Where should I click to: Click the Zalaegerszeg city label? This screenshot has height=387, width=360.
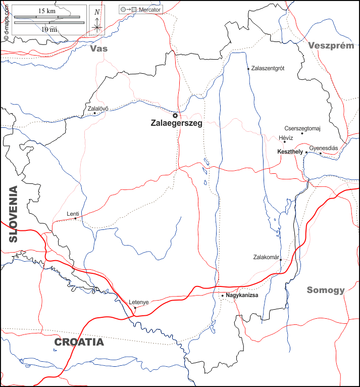click(176, 123)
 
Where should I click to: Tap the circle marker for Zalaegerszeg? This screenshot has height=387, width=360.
click(175, 115)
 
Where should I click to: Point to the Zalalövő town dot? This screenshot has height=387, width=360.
click(94, 113)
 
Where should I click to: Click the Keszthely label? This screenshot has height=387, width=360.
click(290, 152)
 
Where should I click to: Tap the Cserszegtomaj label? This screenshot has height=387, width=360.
click(302, 128)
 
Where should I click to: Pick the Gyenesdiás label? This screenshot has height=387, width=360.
click(323, 148)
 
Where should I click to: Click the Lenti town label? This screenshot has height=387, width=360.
click(73, 214)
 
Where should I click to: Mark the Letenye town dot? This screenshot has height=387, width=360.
click(135, 307)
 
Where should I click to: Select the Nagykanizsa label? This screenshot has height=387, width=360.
click(242, 295)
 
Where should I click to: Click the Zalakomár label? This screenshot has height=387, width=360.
click(266, 257)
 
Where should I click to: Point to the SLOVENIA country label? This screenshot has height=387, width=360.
click(12, 214)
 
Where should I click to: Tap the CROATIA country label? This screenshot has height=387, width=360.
click(79, 342)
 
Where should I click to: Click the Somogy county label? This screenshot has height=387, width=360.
click(326, 290)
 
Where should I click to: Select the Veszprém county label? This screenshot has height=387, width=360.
click(331, 45)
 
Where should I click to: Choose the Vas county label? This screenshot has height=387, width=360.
click(99, 49)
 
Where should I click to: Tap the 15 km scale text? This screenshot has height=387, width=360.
click(46, 11)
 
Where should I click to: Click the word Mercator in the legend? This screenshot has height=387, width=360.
click(149, 10)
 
